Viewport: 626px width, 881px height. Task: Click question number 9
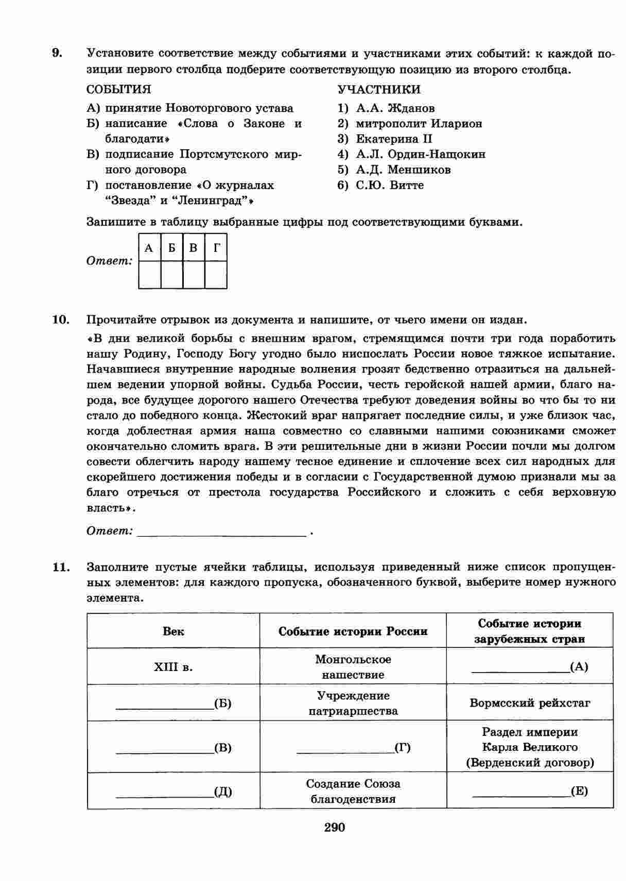click(57, 53)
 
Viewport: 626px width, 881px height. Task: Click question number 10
click(61, 320)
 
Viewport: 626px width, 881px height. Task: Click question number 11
click(61, 567)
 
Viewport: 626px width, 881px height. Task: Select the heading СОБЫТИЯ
click(119, 90)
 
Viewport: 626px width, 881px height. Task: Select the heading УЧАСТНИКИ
click(379, 90)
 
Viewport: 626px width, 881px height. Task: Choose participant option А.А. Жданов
click(395, 108)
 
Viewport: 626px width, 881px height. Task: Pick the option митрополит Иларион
click(419, 124)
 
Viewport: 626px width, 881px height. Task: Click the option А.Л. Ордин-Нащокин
click(420, 154)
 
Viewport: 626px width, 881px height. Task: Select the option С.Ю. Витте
click(389, 185)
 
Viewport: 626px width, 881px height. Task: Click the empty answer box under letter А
click(150, 275)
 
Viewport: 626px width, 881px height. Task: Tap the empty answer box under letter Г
click(216, 275)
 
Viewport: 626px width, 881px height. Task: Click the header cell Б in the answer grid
click(172, 248)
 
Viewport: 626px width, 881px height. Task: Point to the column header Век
click(173, 631)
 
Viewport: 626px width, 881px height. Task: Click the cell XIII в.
click(173, 667)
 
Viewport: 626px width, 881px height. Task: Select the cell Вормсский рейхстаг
click(530, 703)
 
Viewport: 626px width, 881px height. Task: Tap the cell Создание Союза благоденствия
click(353, 791)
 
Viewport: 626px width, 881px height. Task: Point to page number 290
click(335, 827)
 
